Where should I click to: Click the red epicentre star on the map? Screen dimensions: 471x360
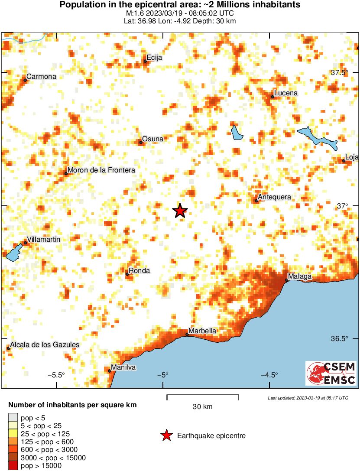[x=180, y=211]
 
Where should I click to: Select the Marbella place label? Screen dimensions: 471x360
[x=202, y=331]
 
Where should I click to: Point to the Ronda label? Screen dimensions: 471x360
[x=139, y=271]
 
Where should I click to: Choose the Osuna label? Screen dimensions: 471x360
[x=153, y=139]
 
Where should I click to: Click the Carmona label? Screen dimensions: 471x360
[x=41, y=77]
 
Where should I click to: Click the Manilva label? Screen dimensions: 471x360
[x=123, y=367]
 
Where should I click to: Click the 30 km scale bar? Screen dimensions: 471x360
[x=203, y=396]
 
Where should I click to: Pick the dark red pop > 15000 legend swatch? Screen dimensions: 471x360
[x=13, y=466]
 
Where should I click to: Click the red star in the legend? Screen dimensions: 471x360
[x=166, y=435]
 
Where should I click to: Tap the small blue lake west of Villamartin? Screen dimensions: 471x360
[x=14, y=253]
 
